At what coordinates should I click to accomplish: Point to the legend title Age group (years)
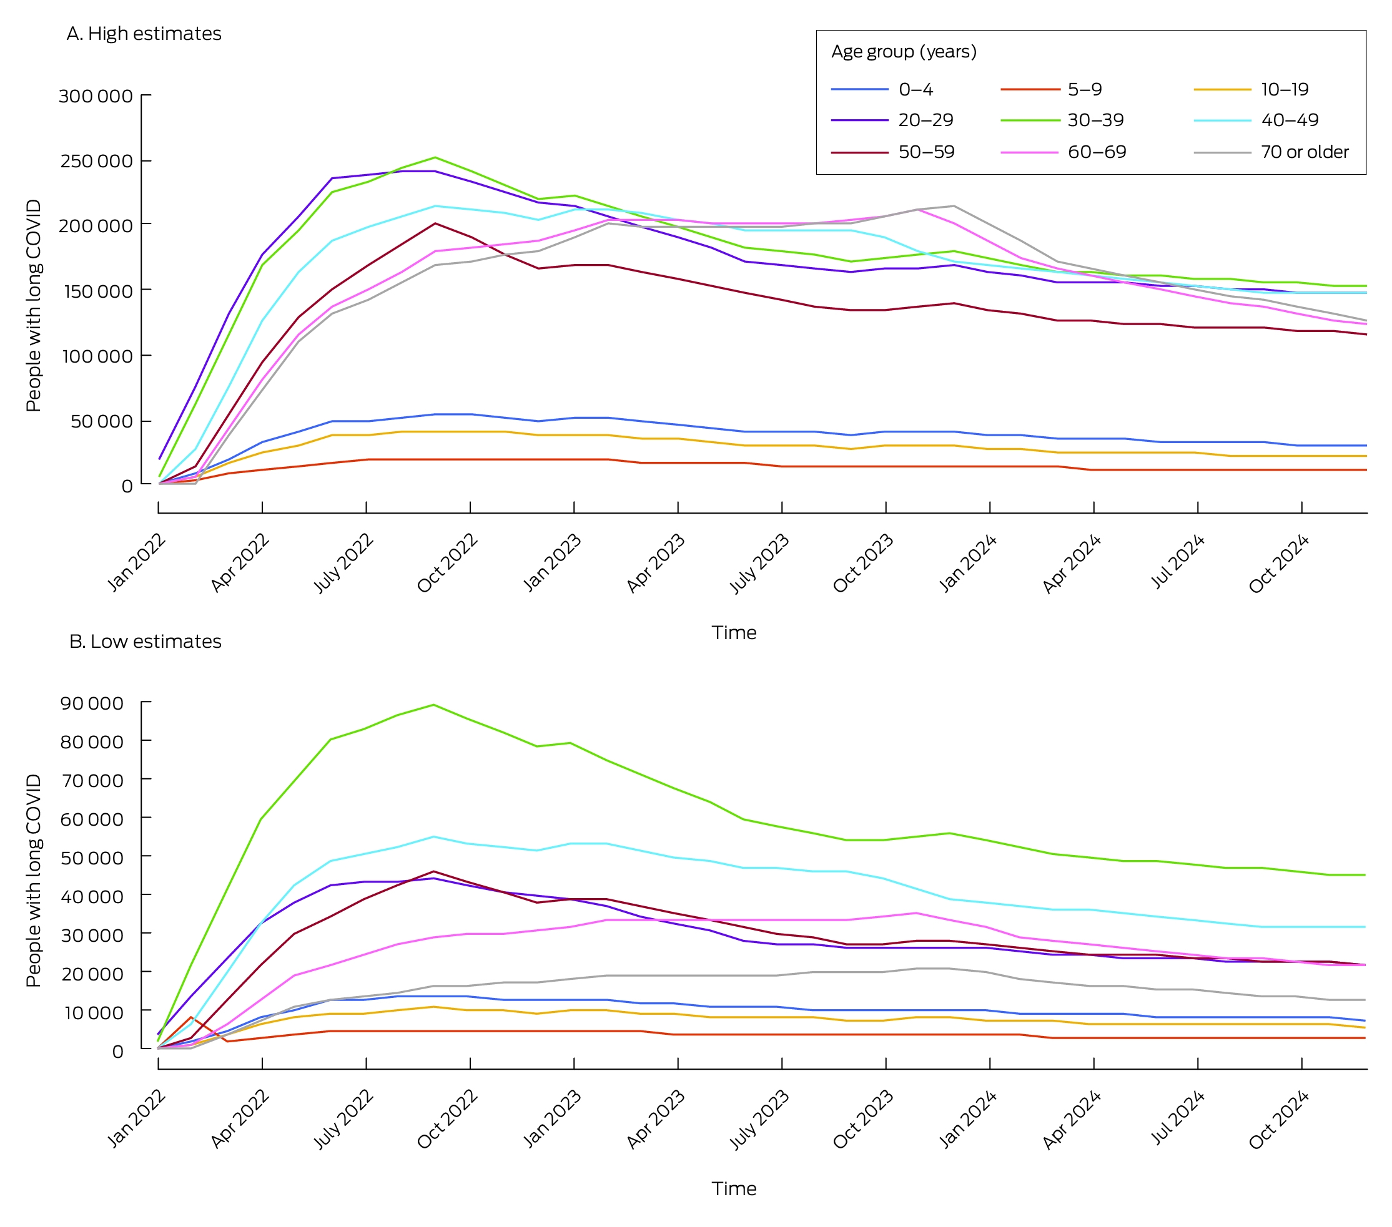pyautogui.click(x=904, y=52)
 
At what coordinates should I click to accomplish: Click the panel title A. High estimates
pyautogui.click(x=144, y=33)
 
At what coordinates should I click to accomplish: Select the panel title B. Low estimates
pyautogui.click(x=145, y=641)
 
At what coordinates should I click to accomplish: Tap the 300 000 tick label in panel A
pyautogui.click(x=96, y=96)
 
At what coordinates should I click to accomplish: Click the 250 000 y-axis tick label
pyautogui.click(x=96, y=161)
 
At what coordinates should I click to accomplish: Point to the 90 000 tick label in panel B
pyautogui.click(x=92, y=703)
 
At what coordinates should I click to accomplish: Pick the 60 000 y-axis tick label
pyautogui.click(x=92, y=819)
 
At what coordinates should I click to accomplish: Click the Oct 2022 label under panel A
pyautogui.click(x=447, y=563)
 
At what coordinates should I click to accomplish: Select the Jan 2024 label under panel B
pyautogui.click(x=968, y=1119)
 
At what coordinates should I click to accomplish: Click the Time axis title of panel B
pyautogui.click(x=734, y=1188)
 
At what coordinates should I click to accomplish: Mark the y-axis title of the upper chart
pyautogui.click(x=33, y=306)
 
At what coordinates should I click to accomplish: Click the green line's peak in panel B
pyautogui.click(x=434, y=705)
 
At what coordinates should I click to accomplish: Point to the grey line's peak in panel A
pyautogui.click(x=954, y=206)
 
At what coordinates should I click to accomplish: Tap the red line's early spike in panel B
pyautogui.click(x=191, y=1017)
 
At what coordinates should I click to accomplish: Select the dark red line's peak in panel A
pyautogui.click(x=435, y=223)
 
